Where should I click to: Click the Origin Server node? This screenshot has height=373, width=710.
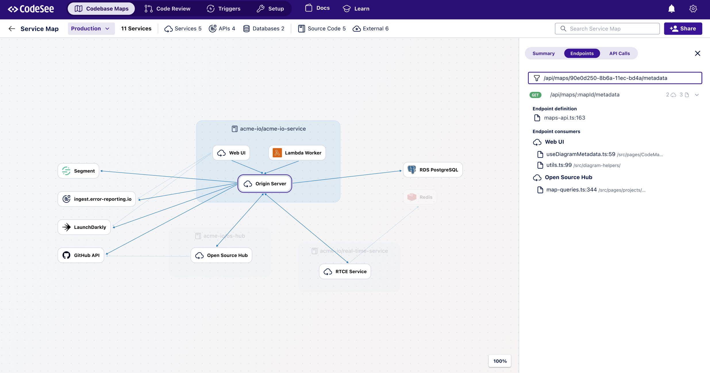(x=265, y=183)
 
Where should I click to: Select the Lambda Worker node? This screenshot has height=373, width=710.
(x=297, y=153)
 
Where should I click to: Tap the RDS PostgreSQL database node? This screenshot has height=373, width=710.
(x=433, y=170)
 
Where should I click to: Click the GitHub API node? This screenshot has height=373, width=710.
(x=81, y=255)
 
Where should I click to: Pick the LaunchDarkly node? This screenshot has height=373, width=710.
(x=84, y=227)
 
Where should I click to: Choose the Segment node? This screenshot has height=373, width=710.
(x=78, y=171)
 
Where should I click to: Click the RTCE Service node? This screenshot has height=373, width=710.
(x=345, y=271)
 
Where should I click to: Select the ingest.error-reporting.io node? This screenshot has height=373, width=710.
(x=97, y=199)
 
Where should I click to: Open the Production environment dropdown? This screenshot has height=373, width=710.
(x=91, y=28)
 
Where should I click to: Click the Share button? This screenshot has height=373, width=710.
(x=683, y=28)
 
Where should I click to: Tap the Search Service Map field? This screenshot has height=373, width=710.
(x=607, y=28)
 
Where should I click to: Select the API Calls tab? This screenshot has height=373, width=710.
(x=619, y=53)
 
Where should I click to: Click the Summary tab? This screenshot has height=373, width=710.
(x=543, y=53)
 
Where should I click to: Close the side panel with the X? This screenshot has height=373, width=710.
(x=697, y=53)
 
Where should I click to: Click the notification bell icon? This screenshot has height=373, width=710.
(x=671, y=9)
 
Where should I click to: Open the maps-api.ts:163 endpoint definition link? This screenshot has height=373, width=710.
(x=564, y=118)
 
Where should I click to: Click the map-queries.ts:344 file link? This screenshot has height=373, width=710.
(x=571, y=190)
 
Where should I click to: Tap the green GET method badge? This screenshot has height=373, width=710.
(x=535, y=95)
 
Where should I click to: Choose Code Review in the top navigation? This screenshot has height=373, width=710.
(x=168, y=9)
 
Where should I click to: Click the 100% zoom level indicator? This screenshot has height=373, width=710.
(x=500, y=361)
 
